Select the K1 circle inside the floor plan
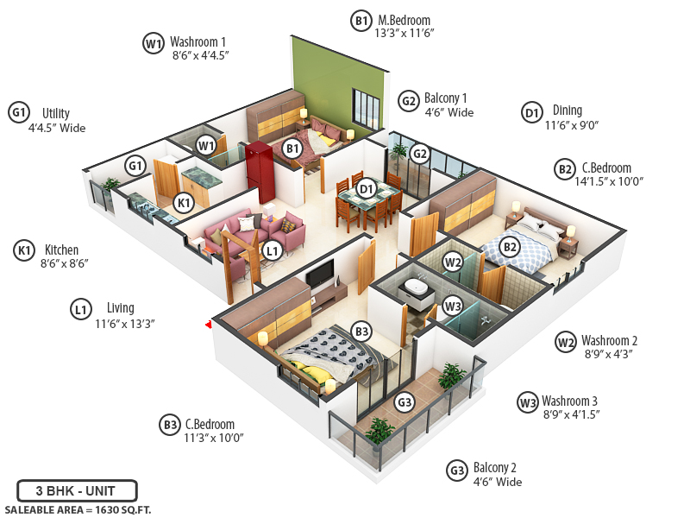(183, 203)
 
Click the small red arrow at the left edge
(208, 325)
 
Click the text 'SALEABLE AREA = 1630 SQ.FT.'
(78, 509)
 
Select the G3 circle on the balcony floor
(405, 402)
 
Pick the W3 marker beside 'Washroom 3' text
(528, 402)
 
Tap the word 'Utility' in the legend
(56, 113)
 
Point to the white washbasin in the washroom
(417, 287)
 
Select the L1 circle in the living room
(273, 251)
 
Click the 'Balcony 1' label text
(446, 98)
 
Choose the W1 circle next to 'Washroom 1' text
(154, 42)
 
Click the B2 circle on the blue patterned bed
(511, 247)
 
